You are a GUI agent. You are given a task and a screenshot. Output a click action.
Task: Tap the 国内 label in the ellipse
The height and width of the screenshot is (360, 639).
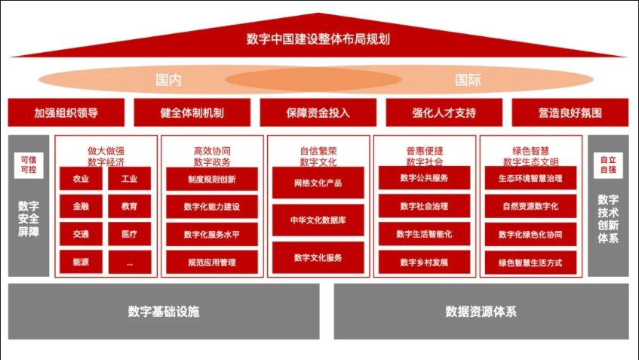[168, 79]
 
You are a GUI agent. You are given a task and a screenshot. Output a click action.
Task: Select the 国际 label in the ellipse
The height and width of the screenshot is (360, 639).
[468, 79]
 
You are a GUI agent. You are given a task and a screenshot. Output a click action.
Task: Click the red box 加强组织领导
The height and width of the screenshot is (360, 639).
[66, 112]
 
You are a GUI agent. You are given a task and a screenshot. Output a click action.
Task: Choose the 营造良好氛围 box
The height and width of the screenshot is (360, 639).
[570, 112]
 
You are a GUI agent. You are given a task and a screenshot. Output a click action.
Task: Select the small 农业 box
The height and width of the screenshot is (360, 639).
[81, 179]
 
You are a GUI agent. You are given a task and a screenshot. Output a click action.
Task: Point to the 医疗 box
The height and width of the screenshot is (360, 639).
[129, 234]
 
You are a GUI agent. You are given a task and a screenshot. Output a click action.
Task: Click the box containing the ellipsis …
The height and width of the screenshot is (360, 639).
[129, 262]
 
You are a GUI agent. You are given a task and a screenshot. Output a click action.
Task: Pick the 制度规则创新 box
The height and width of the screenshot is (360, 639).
[211, 179]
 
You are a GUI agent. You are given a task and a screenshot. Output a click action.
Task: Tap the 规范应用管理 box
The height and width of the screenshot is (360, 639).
[211, 262]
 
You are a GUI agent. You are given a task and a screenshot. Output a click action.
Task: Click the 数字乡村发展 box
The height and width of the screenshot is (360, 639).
[424, 262]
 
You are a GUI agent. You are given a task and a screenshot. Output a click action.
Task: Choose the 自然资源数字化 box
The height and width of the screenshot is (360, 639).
[530, 206]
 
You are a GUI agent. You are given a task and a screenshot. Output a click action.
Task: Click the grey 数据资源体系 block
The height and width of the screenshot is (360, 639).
[481, 311]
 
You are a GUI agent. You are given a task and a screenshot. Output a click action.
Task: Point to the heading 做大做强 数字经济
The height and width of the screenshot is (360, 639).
[106, 155]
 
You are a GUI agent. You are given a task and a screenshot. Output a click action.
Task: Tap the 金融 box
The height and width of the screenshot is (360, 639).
[81, 206]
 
